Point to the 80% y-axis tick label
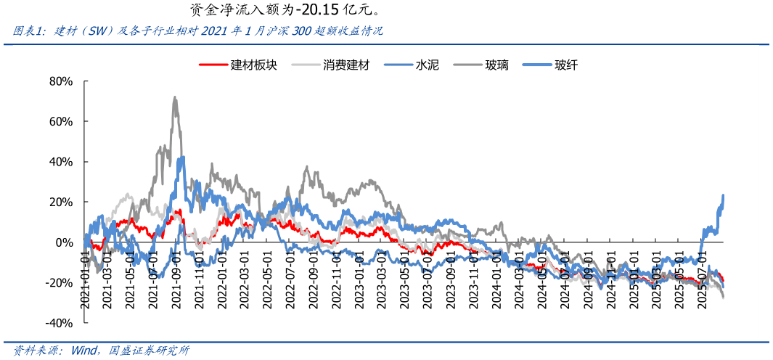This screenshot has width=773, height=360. [60, 81]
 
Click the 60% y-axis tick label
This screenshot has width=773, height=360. [60, 121]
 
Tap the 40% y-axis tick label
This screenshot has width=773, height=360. [60, 162]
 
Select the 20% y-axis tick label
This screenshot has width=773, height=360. [60, 202]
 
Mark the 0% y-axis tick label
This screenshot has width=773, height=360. [64, 242]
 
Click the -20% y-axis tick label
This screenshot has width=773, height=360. [59, 282]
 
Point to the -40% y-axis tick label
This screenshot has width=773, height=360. [59, 323]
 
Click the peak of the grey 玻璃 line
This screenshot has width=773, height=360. [175, 97]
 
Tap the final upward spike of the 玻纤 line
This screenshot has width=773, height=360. [724, 195]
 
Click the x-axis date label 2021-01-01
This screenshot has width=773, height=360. [86, 280]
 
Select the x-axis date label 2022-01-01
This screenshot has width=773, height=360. [223, 280]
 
